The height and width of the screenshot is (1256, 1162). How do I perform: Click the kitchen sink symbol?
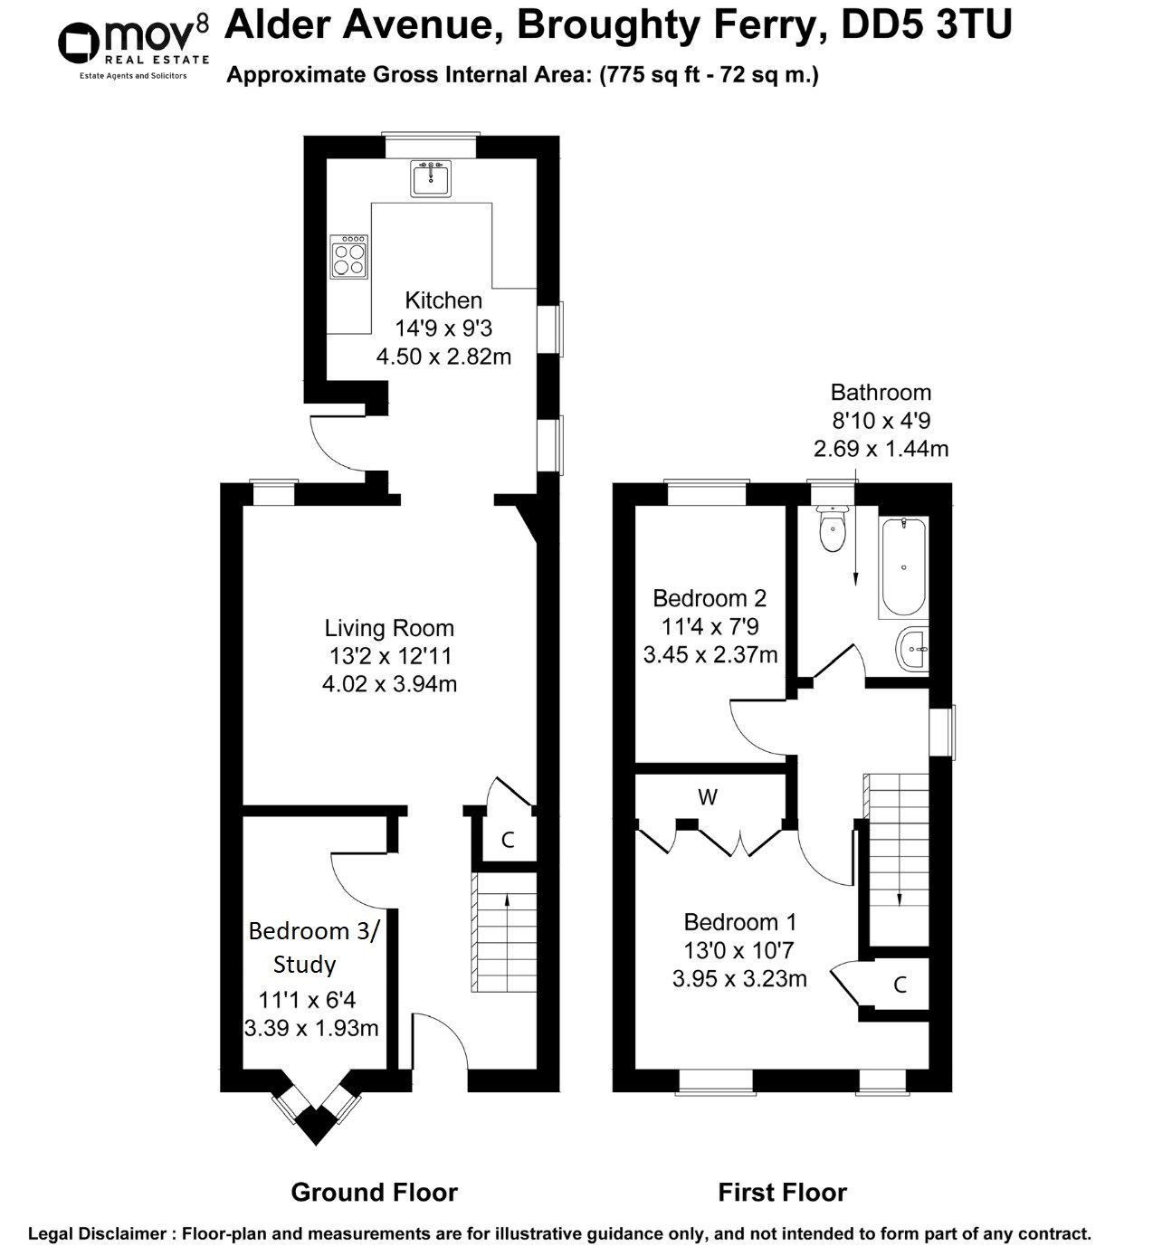pyautogui.click(x=431, y=178)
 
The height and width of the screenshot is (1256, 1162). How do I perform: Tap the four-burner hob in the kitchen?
pyautogui.click(x=349, y=256)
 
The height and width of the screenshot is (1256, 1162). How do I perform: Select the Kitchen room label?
pyautogui.click(x=443, y=300)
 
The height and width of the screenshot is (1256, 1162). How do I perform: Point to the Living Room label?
pyautogui.click(x=389, y=628)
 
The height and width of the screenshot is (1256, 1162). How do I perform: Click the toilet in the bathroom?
pyautogui.click(x=832, y=528)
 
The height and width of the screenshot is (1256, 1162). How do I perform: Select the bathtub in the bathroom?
pyautogui.click(x=902, y=567)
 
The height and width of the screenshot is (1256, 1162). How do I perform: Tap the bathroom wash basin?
pyautogui.click(x=912, y=649)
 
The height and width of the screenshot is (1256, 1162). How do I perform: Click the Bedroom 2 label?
pyautogui.click(x=710, y=598)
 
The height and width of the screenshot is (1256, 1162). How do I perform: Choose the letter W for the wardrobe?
pyautogui.click(x=708, y=797)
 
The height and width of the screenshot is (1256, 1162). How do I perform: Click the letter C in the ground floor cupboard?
pyautogui.click(x=508, y=840)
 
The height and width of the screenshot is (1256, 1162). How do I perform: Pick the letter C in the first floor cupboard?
pyautogui.click(x=900, y=985)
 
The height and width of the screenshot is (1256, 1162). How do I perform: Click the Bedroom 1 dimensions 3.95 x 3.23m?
pyautogui.click(x=739, y=978)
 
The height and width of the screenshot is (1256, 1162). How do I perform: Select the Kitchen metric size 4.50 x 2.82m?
pyautogui.click(x=443, y=357)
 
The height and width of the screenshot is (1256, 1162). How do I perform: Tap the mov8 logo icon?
pyautogui.click(x=79, y=43)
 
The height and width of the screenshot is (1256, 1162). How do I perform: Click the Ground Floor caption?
pyautogui.click(x=374, y=1193)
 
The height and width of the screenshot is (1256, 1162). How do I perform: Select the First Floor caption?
pyautogui.click(x=782, y=1193)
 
